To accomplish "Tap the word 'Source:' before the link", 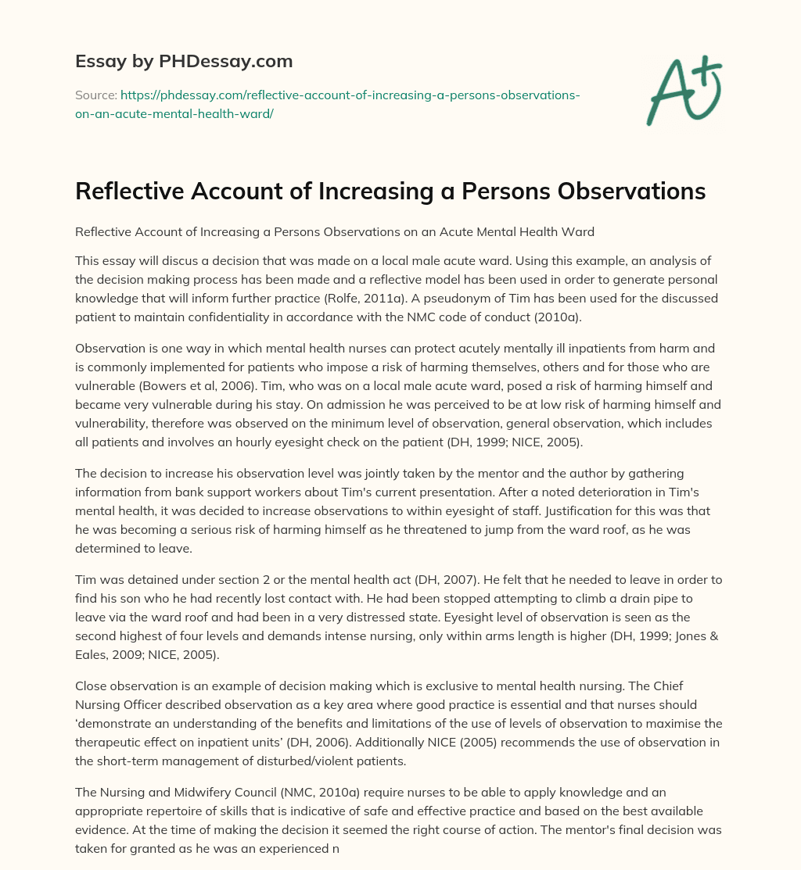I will point(95,95).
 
